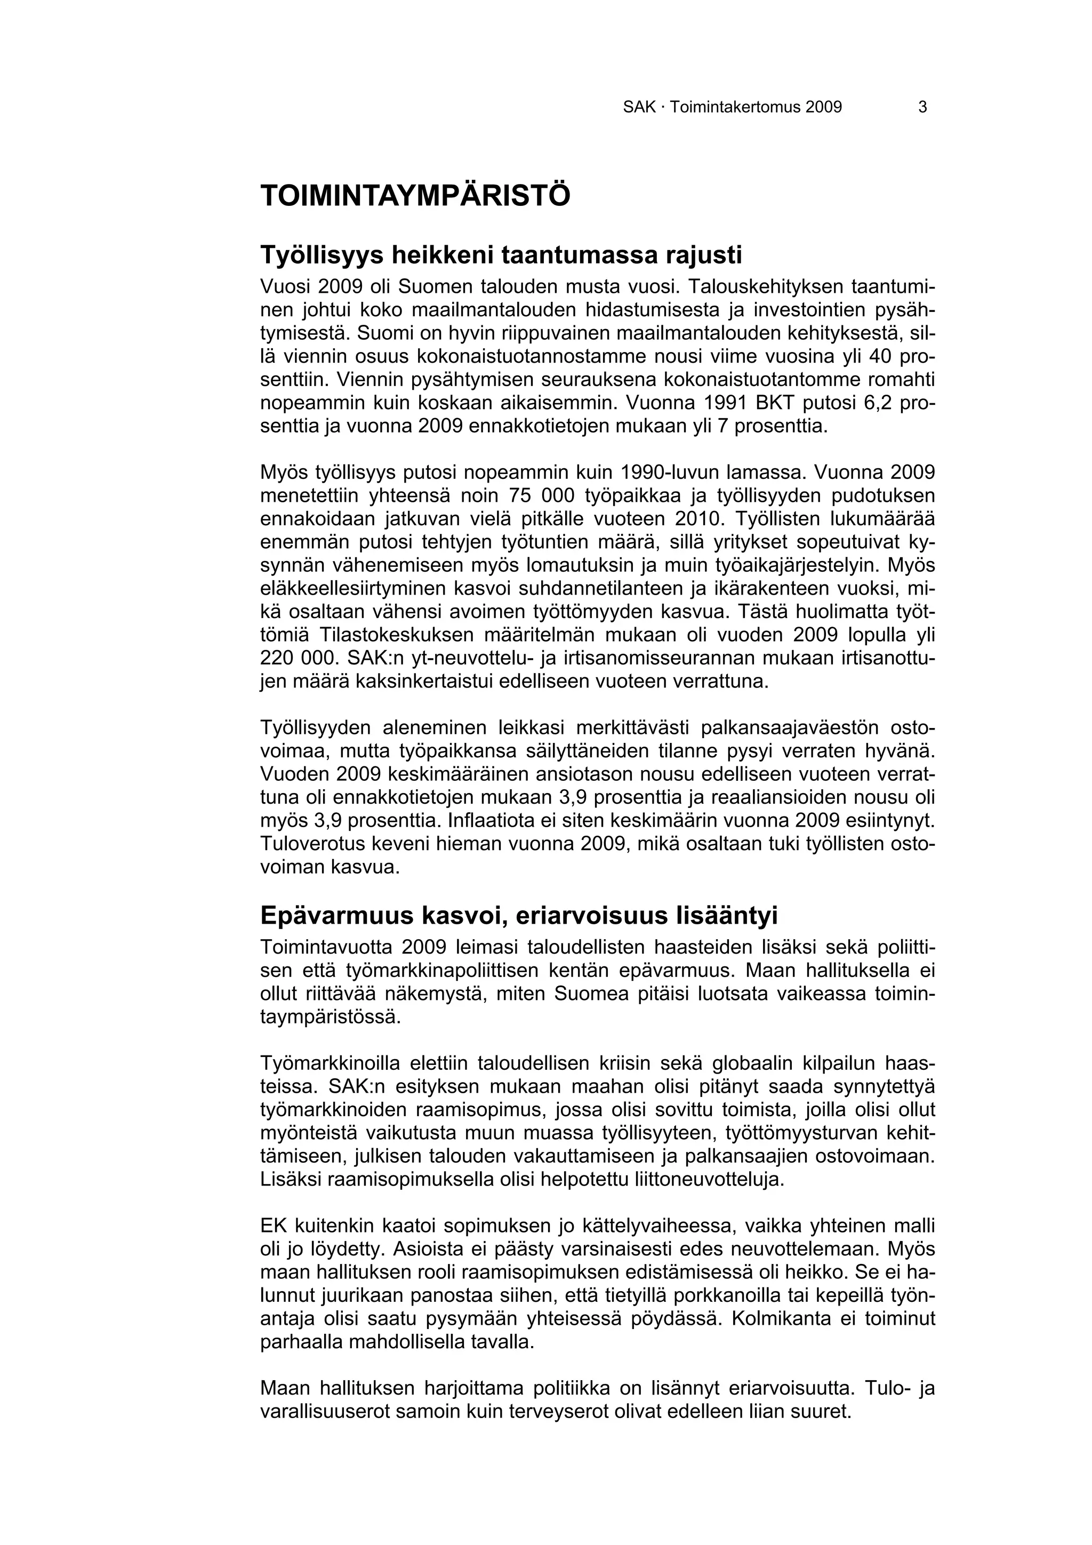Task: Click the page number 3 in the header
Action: [x=922, y=107]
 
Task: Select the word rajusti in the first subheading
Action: [x=704, y=255]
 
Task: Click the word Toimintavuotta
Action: [x=327, y=948]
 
